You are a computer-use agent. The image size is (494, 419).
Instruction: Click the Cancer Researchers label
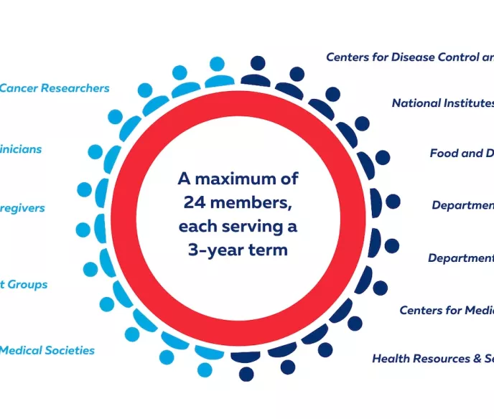tap(55, 88)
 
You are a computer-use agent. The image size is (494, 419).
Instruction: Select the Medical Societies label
tap(47, 351)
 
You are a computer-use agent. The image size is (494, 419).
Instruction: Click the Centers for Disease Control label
tap(409, 57)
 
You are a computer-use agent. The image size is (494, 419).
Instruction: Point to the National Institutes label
tap(442, 103)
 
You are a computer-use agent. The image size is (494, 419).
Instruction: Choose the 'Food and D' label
tap(461, 153)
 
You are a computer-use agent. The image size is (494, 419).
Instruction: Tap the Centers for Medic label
tap(446, 311)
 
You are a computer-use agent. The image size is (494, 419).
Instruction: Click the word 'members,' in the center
tap(256, 203)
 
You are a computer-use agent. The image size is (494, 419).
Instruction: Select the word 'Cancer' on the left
tap(18, 88)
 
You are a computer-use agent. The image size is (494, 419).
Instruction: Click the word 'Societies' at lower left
tap(68, 351)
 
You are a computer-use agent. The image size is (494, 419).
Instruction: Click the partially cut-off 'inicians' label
tap(22, 149)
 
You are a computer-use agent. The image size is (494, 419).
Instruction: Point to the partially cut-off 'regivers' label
tap(23, 208)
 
